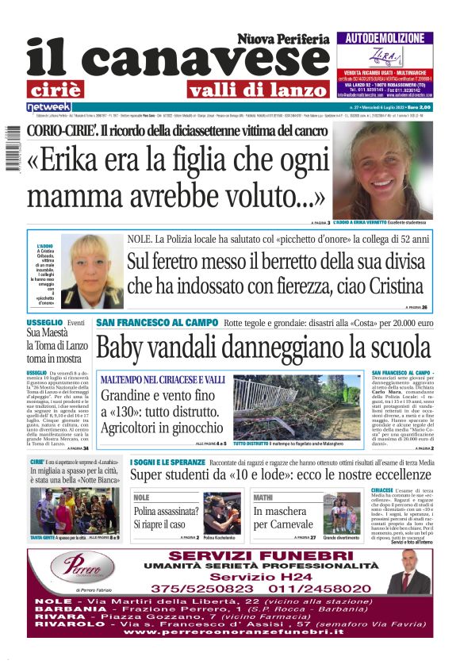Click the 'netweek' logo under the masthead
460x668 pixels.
[x=49, y=106]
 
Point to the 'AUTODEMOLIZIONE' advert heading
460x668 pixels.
[x=385, y=38]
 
